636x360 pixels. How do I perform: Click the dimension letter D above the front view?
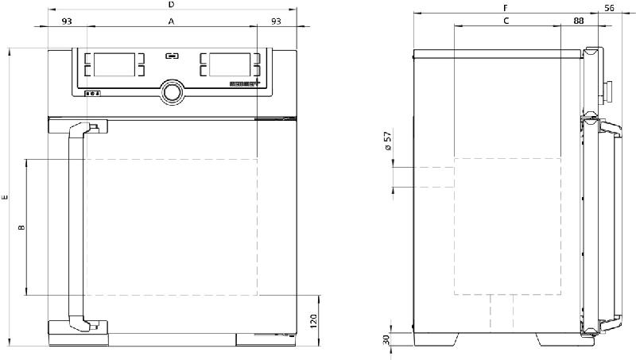[x=172, y=5]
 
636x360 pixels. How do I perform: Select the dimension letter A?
[x=172, y=22]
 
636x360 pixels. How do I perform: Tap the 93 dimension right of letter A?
[x=276, y=21]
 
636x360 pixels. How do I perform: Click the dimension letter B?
[x=21, y=228]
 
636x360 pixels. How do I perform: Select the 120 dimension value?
[x=313, y=321]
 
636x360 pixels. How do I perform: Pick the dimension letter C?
[x=506, y=21]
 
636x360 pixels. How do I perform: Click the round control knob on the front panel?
[x=172, y=92]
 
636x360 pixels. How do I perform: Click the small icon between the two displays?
[x=172, y=56]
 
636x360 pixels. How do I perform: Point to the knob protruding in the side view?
[x=610, y=91]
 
